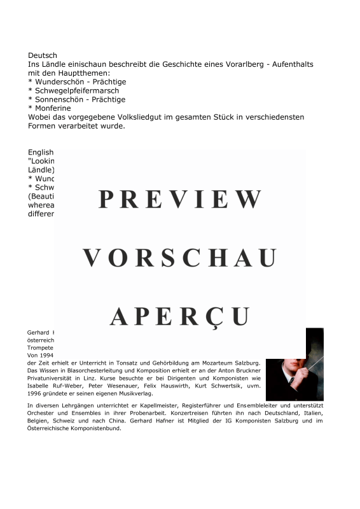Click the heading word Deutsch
click(x=43, y=55)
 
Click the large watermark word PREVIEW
click(x=180, y=199)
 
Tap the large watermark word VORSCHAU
click(x=180, y=258)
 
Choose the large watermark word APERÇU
click(x=180, y=316)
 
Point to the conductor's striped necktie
click(x=291, y=380)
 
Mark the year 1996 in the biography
click(x=34, y=395)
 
